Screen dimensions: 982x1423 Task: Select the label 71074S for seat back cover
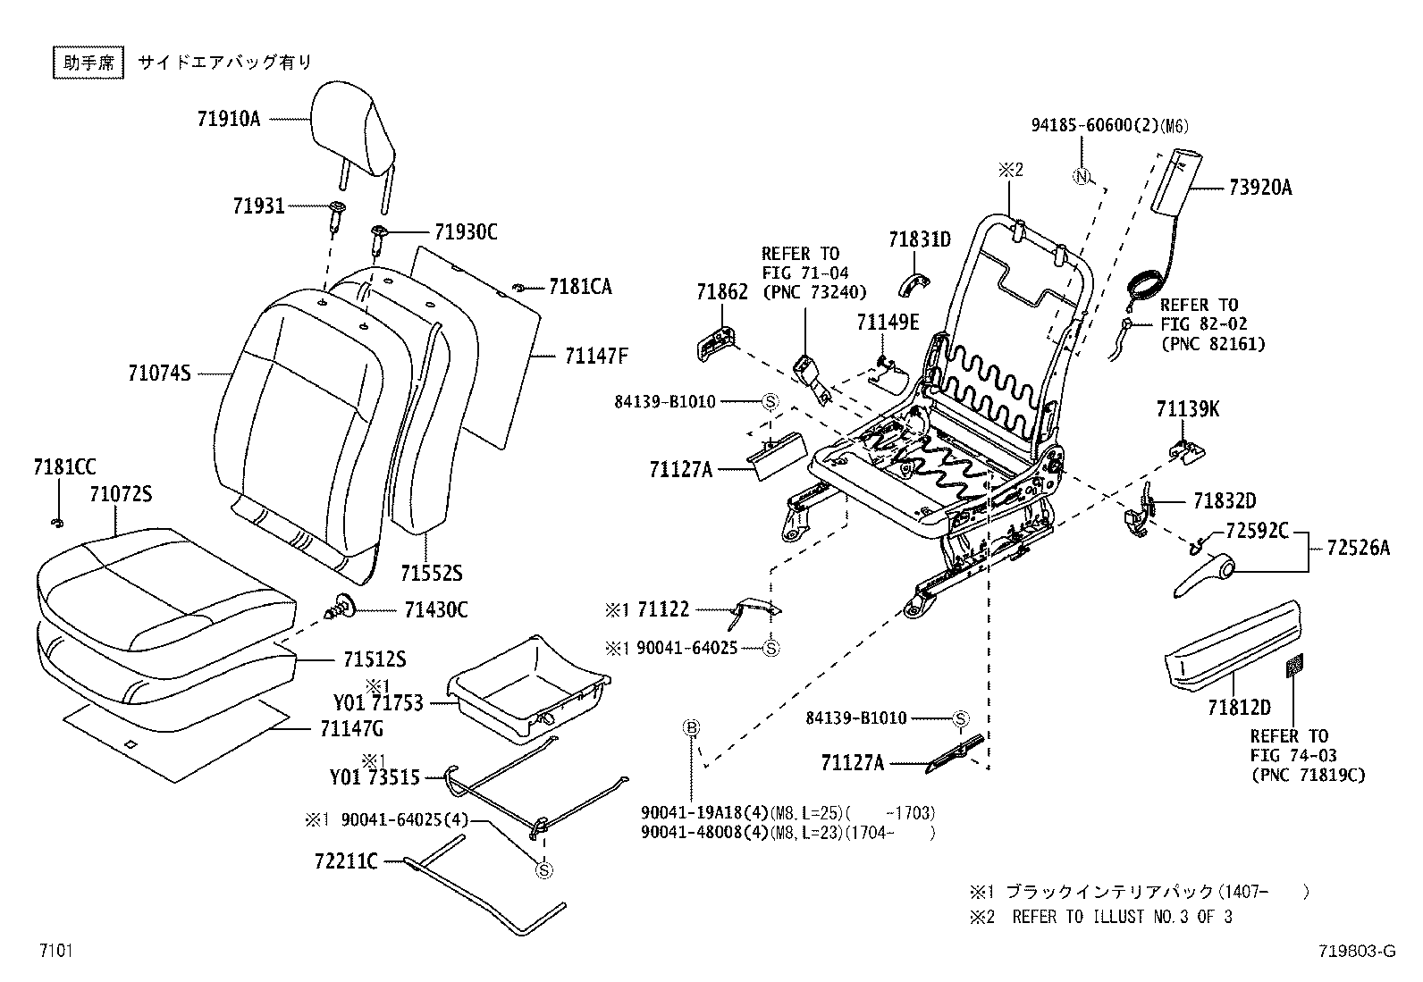tap(160, 373)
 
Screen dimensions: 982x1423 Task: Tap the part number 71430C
tap(435, 610)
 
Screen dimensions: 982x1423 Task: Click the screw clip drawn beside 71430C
tap(342, 608)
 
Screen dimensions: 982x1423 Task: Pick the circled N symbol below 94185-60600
tap(1082, 177)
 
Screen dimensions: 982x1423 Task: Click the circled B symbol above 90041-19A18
tap(690, 727)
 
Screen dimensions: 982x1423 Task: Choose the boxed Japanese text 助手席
tap(87, 63)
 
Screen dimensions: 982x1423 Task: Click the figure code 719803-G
tap(1355, 952)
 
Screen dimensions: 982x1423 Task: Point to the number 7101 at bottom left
tap(55, 950)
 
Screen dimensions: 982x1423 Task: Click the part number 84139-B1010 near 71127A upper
tap(665, 402)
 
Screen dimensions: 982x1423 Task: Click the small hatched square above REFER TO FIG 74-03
tap(1294, 665)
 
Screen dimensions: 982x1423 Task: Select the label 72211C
tap(346, 861)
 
